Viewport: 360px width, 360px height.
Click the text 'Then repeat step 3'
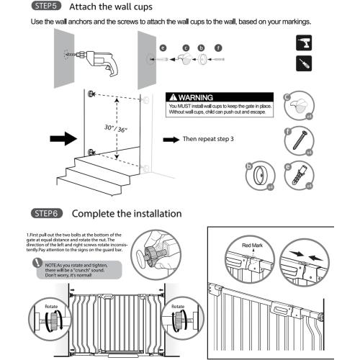[x=210, y=140]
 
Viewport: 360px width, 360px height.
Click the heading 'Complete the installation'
[x=126, y=214]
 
